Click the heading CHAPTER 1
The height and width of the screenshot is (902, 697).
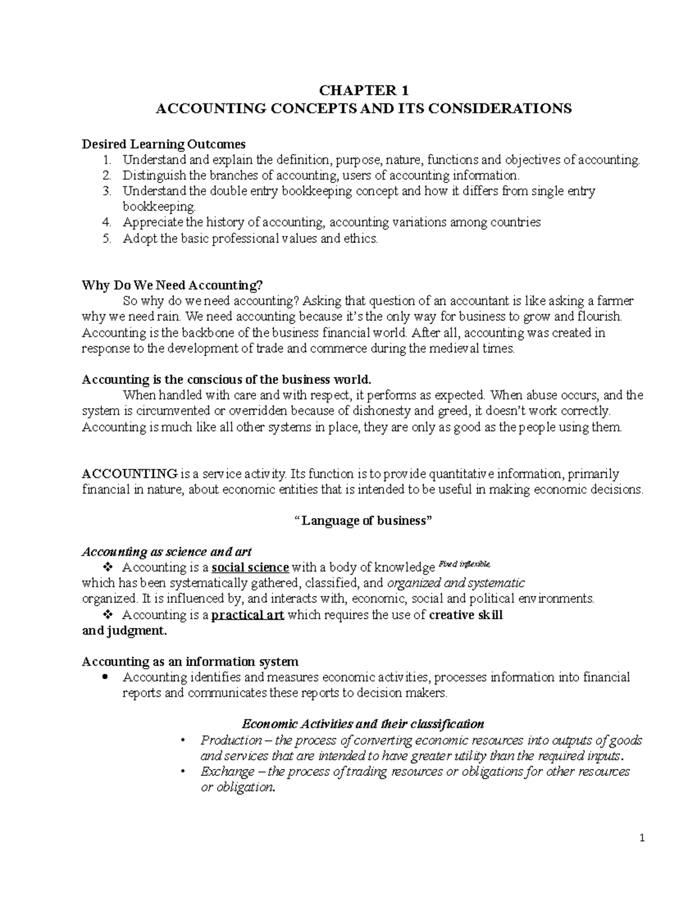(364, 91)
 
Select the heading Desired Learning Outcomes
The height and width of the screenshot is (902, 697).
(164, 144)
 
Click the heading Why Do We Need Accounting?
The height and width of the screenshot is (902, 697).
(173, 285)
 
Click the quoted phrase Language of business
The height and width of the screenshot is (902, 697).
(364, 520)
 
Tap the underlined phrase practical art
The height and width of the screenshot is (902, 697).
(247, 615)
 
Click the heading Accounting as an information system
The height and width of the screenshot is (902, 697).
(190, 662)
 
